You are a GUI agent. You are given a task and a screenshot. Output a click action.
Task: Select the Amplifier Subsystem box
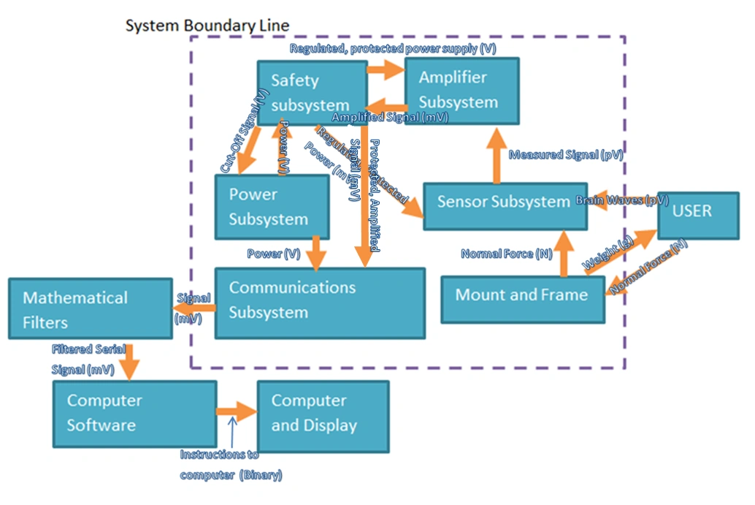pyautogui.click(x=461, y=90)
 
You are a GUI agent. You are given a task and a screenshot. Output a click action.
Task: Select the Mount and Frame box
pyautogui.click(x=523, y=295)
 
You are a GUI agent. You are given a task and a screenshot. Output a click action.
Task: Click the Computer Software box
pyautogui.click(x=134, y=414)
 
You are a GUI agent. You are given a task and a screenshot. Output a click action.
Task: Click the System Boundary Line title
pyautogui.click(x=207, y=26)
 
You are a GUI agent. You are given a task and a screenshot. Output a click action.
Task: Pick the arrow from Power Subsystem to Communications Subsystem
pyautogui.click(x=316, y=252)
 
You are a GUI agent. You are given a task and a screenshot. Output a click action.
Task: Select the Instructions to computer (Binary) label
pyautogui.click(x=230, y=465)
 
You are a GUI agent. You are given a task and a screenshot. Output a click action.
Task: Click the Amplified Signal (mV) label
pyautogui.click(x=390, y=116)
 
